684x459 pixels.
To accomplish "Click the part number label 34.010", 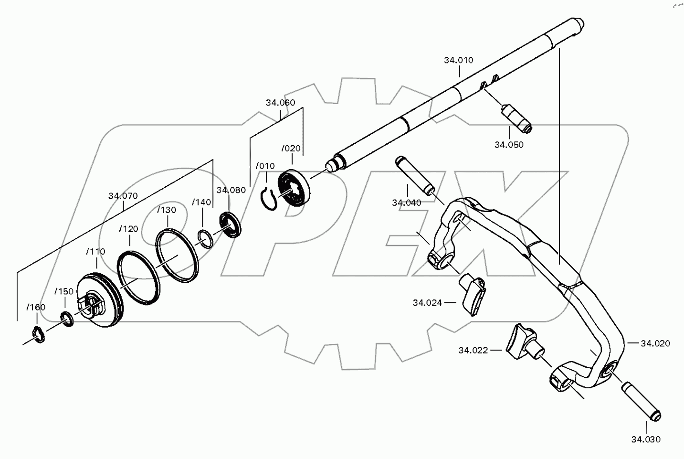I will (x=458, y=60).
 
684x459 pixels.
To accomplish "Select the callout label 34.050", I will (x=509, y=145).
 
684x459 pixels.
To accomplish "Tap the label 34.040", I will (x=407, y=203).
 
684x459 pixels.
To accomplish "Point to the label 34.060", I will (x=280, y=103).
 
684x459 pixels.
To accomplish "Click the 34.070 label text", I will (x=123, y=196).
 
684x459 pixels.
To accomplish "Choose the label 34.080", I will (x=231, y=190).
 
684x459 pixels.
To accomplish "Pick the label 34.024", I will (x=427, y=302).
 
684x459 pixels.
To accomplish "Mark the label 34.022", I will (x=473, y=350).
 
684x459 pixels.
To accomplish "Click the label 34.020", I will (x=655, y=343).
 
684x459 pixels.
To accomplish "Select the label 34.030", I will (x=646, y=439).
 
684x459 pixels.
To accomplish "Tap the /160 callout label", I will (x=36, y=307).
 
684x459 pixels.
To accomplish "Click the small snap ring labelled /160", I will (x=39, y=334).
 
